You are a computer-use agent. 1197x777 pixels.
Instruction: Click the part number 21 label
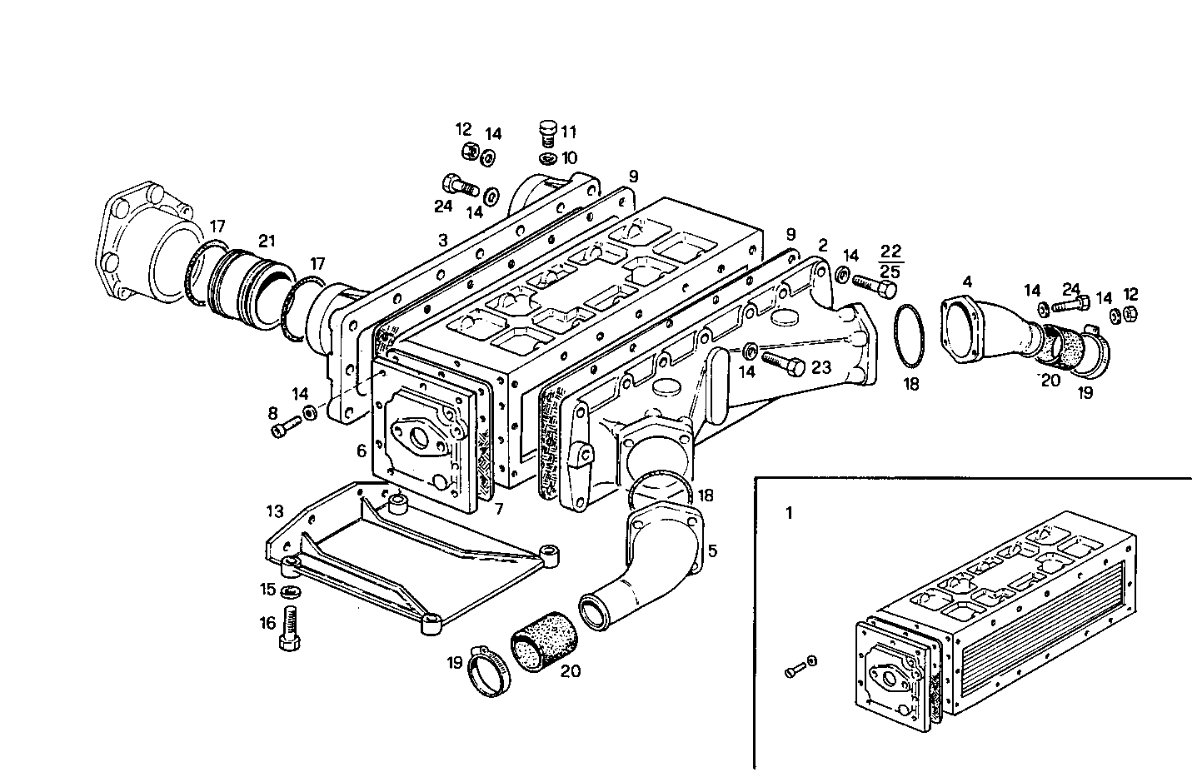(x=267, y=242)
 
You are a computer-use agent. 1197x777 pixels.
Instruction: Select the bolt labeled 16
(x=291, y=629)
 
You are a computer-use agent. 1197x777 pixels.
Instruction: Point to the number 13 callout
(x=275, y=510)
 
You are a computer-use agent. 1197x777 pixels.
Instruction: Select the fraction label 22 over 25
(x=890, y=260)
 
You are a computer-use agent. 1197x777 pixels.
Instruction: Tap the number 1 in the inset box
(x=789, y=513)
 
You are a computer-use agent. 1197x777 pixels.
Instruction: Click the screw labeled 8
(x=283, y=429)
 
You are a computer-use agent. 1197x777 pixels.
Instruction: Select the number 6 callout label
(x=361, y=451)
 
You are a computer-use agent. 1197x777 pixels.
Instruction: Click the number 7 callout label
(x=498, y=508)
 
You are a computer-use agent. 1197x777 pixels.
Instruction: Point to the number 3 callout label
(x=442, y=239)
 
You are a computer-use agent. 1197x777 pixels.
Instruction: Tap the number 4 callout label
(x=966, y=281)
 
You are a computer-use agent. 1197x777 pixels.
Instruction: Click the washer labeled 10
(x=546, y=159)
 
